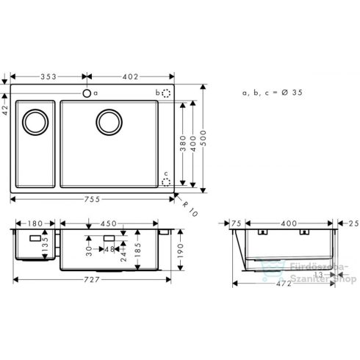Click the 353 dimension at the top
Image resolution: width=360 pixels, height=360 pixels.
49,75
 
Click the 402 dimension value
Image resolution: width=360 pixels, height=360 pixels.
130,75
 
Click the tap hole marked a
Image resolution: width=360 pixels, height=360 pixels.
87,93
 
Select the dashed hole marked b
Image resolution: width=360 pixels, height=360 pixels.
166,94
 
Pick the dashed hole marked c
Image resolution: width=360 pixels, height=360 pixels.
166,181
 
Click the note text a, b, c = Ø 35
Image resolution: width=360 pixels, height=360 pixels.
272,93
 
